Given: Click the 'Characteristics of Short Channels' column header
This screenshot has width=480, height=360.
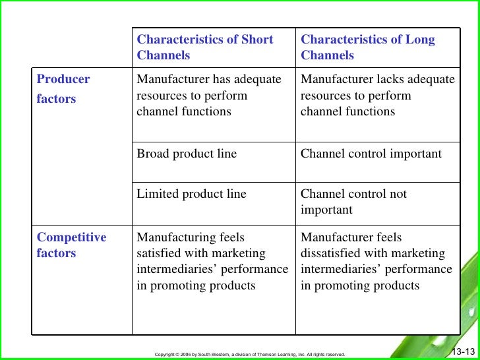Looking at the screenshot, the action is click(204, 47).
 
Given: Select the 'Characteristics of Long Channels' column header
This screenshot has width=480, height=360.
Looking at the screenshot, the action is click(368, 47).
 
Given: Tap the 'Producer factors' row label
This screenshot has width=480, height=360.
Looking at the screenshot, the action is click(63, 89).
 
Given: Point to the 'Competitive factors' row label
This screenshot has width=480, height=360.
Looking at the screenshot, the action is click(71, 245).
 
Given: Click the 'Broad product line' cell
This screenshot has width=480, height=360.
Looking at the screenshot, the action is click(187, 154).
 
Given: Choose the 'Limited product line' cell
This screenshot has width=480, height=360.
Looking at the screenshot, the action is click(191, 194).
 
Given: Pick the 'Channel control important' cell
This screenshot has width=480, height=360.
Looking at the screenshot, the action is click(371, 154).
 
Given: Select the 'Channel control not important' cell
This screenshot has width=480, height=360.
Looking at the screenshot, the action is click(353, 202).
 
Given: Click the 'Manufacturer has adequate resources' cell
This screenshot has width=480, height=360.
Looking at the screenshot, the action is click(208, 96).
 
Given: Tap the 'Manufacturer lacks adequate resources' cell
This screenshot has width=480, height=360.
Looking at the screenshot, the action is click(377, 96).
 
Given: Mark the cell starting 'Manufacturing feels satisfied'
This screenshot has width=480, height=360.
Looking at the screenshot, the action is click(212, 261).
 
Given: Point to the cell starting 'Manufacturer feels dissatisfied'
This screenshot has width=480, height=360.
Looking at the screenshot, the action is click(376, 261).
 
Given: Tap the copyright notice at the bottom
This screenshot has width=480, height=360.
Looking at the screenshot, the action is click(249, 354).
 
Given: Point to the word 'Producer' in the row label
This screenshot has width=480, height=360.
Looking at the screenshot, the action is click(63, 79).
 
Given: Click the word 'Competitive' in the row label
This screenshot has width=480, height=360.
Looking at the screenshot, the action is click(71, 237).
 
